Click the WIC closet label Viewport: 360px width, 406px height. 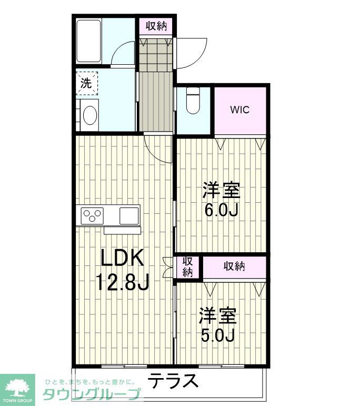click(240, 110)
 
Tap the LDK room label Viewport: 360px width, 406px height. click(122, 259)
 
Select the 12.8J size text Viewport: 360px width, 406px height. click(122, 283)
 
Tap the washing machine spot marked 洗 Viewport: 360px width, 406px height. click(86, 83)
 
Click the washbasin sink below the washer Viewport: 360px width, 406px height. click(89, 114)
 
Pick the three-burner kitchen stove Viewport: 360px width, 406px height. click(92, 215)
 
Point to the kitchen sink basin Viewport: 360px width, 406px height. click(129, 215)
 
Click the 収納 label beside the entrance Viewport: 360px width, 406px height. click(156, 26)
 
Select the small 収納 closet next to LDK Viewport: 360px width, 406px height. click(187, 266)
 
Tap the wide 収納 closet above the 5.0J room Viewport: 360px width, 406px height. click(234, 266)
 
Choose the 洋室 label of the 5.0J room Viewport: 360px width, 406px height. click(217, 315)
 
